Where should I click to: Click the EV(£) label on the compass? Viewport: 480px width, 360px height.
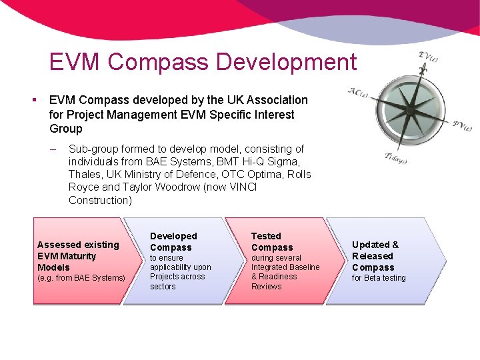coord(427,57)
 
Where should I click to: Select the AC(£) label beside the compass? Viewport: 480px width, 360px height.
coord(357,92)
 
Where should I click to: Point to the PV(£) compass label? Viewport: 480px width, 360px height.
coord(462,125)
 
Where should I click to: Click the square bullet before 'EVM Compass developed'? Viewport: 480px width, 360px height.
coord(33,100)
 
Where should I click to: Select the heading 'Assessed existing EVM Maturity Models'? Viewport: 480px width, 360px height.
coord(77,256)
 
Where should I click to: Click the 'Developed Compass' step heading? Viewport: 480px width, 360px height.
coord(173,241)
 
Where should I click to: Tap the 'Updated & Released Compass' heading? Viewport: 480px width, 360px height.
coord(375,256)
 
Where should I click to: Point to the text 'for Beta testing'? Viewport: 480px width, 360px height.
coord(379,278)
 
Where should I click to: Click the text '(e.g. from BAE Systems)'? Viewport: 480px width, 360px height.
coord(81,278)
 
